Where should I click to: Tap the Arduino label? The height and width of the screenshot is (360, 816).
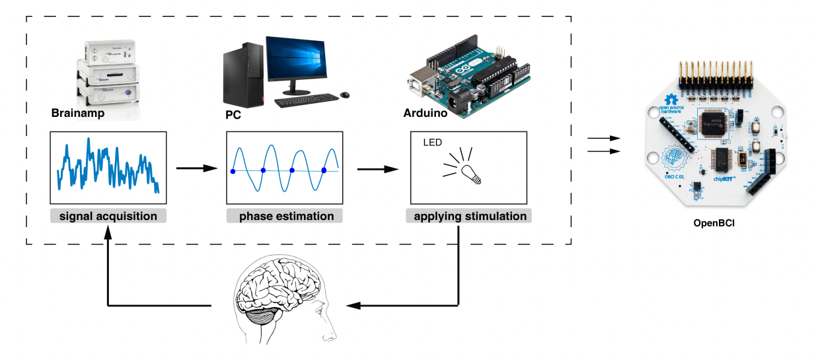(426, 114)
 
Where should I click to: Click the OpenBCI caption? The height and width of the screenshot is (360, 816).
(714, 223)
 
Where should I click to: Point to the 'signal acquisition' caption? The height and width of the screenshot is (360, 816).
(108, 216)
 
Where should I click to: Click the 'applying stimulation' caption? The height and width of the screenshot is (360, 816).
(470, 216)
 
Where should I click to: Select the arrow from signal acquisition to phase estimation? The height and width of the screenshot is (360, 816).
(198, 168)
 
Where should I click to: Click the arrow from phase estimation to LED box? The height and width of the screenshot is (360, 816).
(379, 168)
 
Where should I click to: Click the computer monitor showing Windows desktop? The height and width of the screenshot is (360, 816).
(296, 59)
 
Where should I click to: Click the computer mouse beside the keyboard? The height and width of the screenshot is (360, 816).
(344, 95)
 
